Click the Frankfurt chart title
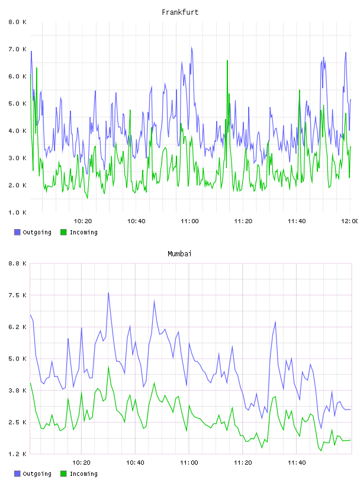click(x=180, y=12)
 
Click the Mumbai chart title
click(x=179, y=254)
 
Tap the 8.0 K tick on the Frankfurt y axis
click(x=18, y=22)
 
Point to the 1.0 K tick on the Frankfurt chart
click(x=18, y=212)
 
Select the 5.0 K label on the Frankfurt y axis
click(x=18, y=104)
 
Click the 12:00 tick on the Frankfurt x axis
click(x=350, y=221)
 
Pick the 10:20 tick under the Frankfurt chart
click(x=83, y=221)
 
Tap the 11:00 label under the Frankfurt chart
click(x=189, y=221)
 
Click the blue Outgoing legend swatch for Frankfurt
click(x=17, y=232)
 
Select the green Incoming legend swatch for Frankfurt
click(x=63, y=232)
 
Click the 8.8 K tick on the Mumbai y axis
click(x=18, y=263)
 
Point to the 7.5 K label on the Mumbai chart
click(x=18, y=295)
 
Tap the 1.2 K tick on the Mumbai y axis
click(x=18, y=454)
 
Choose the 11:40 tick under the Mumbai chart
click(x=297, y=463)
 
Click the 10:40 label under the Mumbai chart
click(x=136, y=463)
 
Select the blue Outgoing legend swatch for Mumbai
click(x=17, y=474)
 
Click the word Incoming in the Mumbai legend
click(x=83, y=474)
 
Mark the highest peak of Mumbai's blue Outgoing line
click(x=108, y=293)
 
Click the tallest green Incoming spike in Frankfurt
click(x=227, y=61)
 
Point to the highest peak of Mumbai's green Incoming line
click(x=108, y=367)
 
